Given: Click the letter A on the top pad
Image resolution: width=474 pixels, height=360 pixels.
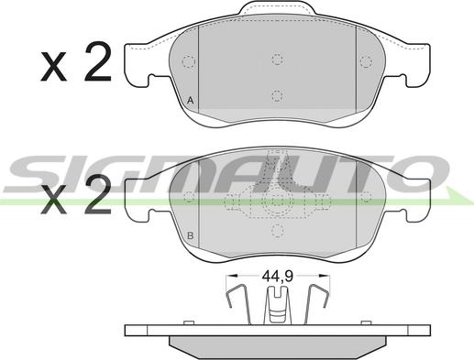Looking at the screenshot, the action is pos(190,101).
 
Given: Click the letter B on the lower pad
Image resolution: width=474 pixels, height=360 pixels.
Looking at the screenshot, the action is pos(190,235).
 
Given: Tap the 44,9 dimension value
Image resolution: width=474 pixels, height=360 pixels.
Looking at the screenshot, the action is pos(278,277).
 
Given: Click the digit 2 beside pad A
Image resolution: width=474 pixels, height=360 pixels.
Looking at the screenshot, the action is pos(98,61).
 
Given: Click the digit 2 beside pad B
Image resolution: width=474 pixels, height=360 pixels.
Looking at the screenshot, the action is pos(98,193).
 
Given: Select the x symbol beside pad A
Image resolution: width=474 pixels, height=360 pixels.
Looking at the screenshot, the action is pos(54,67).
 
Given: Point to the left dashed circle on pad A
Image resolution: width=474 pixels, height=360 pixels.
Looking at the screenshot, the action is pos(189,62).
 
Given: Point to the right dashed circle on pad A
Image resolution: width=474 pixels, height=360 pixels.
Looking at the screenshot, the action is pos(366,61).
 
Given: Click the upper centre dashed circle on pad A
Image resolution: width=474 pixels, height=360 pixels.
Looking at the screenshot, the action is pos(277,59).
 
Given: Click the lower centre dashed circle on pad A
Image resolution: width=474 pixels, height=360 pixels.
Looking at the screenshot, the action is pos(277,96).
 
